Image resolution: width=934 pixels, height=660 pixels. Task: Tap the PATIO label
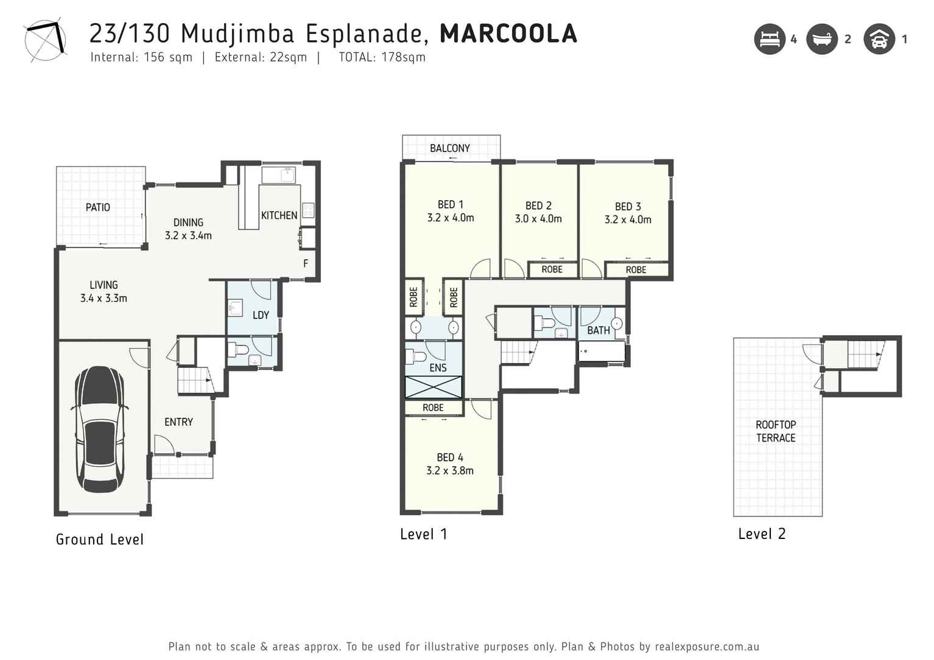click(x=97, y=207)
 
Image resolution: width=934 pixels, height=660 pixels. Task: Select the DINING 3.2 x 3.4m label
click(x=188, y=229)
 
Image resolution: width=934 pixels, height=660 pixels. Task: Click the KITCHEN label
click(x=279, y=215)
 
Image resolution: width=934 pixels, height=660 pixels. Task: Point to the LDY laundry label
click(x=261, y=315)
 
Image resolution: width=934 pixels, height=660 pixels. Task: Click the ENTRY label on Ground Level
click(x=178, y=422)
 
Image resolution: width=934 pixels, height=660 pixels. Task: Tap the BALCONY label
click(x=450, y=148)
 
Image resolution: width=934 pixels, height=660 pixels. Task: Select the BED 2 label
click(x=538, y=206)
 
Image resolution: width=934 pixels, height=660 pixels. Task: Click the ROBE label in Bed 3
click(x=636, y=270)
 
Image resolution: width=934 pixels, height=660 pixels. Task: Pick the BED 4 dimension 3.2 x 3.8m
click(x=450, y=471)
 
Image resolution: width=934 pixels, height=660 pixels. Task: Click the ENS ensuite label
click(x=438, y=367)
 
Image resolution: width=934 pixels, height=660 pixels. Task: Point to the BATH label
click(x=598, y=330)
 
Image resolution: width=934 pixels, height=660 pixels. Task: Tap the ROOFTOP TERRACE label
click(x=776, y=431)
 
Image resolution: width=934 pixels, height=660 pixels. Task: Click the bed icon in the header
click(x=770, y=40)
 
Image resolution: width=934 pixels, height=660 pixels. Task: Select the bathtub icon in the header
click(x=822, y=40)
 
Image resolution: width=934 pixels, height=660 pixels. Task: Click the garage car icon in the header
click(x=879, y=40)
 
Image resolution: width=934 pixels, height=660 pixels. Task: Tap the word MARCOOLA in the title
click(x=508, y=33)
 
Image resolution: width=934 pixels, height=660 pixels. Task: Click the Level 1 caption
click(x=424, y=534)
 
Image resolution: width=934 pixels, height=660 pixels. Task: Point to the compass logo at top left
click(x=44, y=41)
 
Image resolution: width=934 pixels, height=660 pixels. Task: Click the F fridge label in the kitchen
click(x=306, y=263)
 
